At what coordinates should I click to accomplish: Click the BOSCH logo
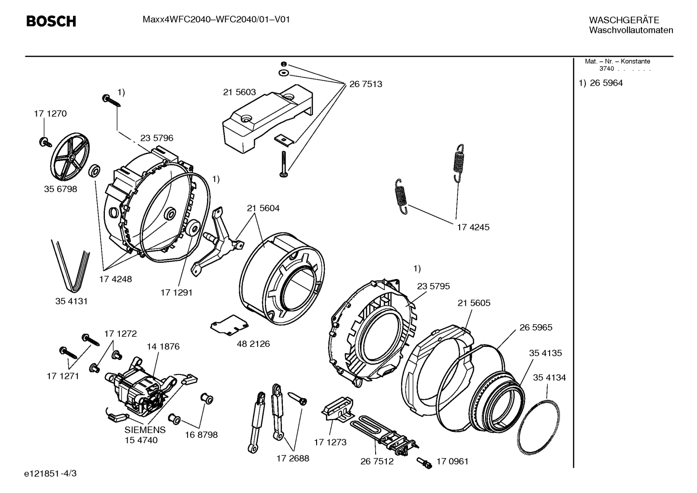pyautogui.click(x=51, y=21)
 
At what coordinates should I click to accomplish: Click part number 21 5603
pyautogui.click(x=239, y=92)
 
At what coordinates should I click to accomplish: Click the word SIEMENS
pyautogui.click(x=145, y=430)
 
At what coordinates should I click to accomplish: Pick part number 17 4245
pyautogui.click(x=473, y=227)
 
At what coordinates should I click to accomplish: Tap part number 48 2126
pyautogui.click(x=253, y=344)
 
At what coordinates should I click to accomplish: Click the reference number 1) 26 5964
pyautogui.click(x=601, y=83)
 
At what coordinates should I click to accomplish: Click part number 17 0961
pyautogui.click(x=452, y=461)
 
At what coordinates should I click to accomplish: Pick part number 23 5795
pyautogui.click(x=433, y=286)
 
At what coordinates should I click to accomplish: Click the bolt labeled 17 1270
pyautogui.click(x=44, y=141)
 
